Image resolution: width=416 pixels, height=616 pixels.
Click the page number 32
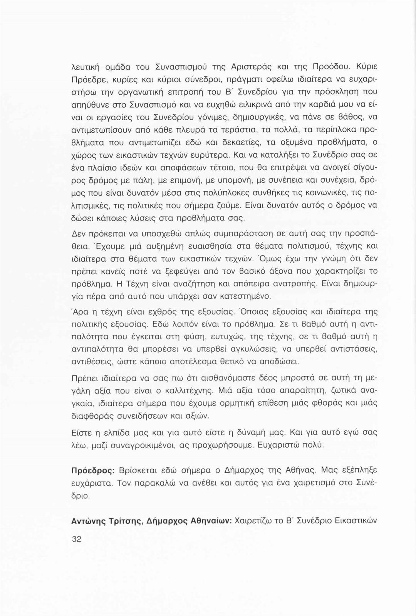(x=77, y=539)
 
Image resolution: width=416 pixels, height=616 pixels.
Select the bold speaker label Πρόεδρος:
(x=92, y=471)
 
